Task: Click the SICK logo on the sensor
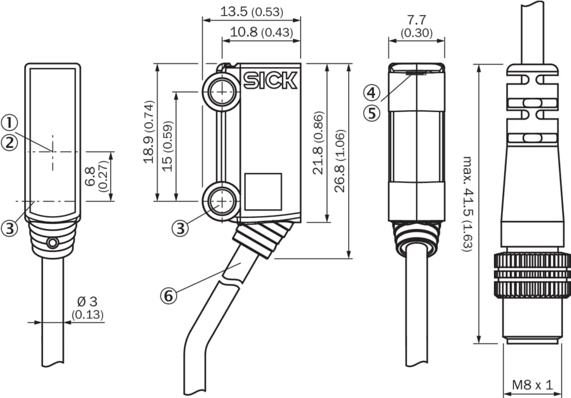coord(270,81)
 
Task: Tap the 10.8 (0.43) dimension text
coord(261,32)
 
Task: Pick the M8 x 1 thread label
coord(532,385)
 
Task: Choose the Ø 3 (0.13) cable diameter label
coord(87,308)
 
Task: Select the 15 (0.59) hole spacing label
coord(168,145)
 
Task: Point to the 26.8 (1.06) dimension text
coord(339,161)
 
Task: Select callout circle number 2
coord(9,143)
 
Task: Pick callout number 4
coord(372,93)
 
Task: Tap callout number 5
coord(372,113)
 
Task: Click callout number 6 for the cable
coord(169,296)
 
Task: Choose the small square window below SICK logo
coord(263,192)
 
